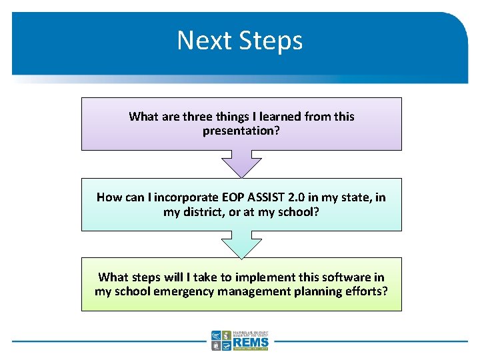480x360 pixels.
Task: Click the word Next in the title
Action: click(x=201, y=41)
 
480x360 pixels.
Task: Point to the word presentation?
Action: click(x=241, y=131)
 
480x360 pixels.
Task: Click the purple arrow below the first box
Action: click(x=241, y=163)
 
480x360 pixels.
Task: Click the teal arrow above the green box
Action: click(x=241, y=244)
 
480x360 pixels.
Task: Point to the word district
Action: click(x=204, y=211)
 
